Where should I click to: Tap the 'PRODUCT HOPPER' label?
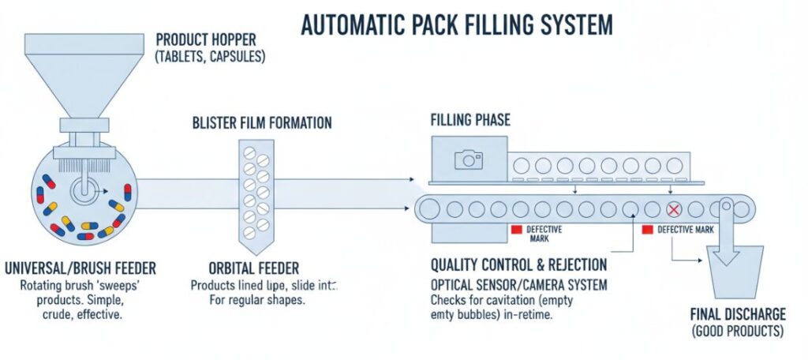[x=210, y=39]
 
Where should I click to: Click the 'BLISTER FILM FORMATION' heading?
[x=262, y=123]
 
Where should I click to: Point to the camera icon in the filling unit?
[x=469, y=159]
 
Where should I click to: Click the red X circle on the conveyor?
[x=674, y=210]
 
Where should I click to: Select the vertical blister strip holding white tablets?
[x=255, y=189]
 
